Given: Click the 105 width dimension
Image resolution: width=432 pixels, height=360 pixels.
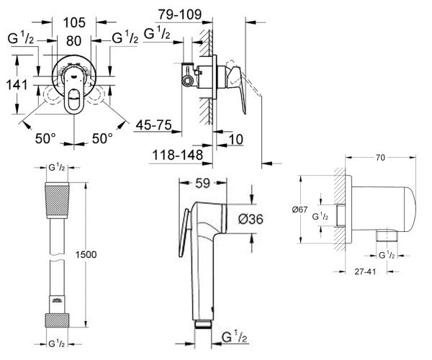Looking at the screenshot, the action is (74, 22).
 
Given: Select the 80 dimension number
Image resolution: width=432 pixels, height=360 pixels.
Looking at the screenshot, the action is (73, 41).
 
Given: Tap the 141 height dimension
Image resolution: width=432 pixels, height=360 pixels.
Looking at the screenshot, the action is (17, 84).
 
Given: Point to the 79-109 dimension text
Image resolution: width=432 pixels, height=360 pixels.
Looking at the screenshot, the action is (179, 14).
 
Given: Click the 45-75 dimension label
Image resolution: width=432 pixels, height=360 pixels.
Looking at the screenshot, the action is (154, 125).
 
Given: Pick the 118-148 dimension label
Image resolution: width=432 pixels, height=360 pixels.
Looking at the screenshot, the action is (178, 155).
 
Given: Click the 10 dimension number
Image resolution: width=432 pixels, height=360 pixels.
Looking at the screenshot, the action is (236, 140).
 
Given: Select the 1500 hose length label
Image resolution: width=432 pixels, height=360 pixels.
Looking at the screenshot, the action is (86, 254).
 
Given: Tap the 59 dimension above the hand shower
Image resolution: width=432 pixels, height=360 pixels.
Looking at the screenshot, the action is (202, 183).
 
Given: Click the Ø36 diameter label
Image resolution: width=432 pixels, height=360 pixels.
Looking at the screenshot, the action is (251, 219).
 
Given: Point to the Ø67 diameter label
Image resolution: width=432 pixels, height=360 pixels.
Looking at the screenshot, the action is (300, 210).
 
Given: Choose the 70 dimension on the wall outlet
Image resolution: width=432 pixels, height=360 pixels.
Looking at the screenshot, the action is (380, 158).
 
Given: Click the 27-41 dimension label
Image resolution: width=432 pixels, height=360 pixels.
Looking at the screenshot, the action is (365, 271).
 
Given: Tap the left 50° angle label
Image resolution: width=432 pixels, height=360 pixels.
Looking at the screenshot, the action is (45, 138).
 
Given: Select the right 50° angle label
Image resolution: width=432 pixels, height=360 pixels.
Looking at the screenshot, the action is (102, 138).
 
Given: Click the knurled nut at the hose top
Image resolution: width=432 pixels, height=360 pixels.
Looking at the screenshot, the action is (57, 200).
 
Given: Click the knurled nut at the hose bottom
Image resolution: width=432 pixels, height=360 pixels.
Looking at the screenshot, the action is (57, 320).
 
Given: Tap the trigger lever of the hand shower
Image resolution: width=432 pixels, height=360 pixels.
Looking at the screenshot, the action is (184, 233).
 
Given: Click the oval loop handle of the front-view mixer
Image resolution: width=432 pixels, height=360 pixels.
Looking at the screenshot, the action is (74, 101).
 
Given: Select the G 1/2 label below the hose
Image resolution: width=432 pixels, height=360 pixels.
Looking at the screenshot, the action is (57, 343).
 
